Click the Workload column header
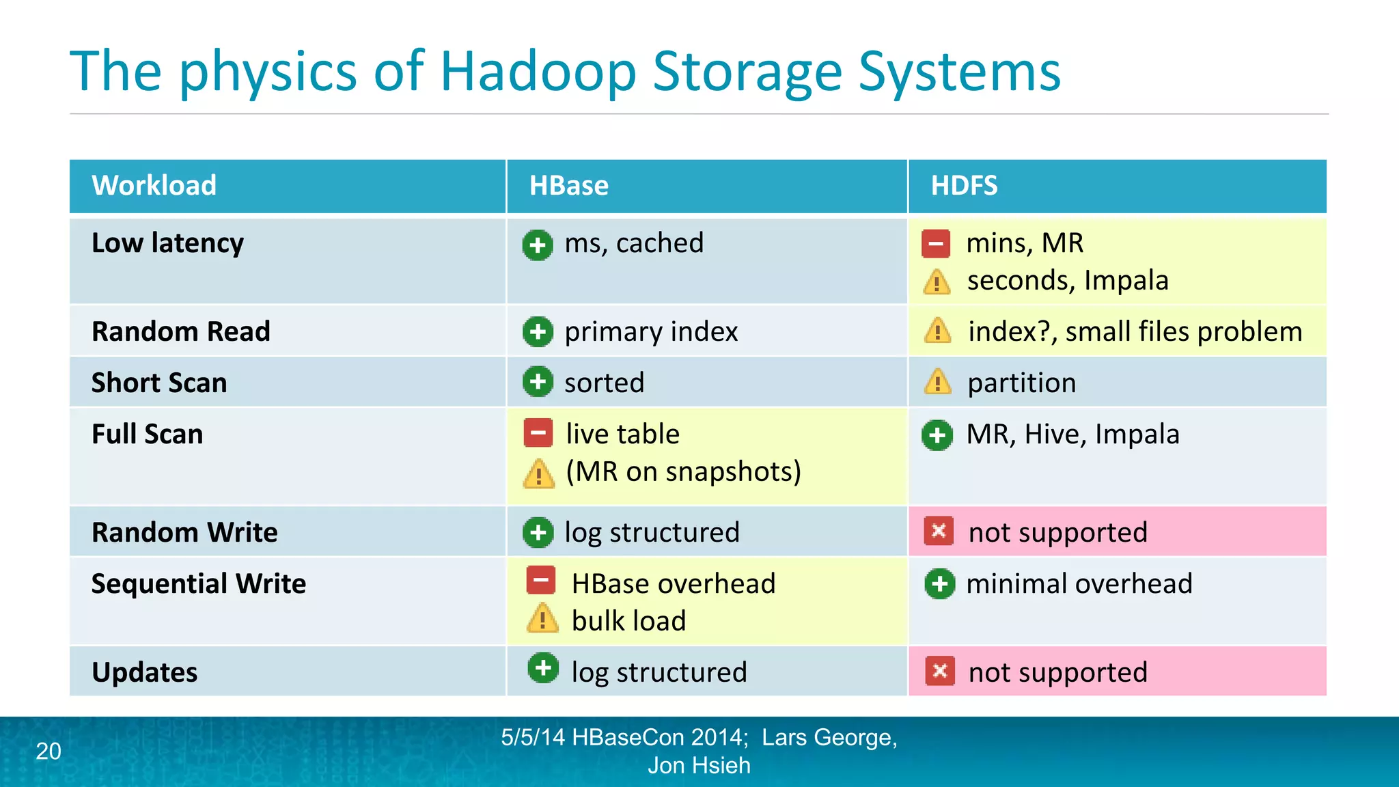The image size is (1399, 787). click(x=154, y=186)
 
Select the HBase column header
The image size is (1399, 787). click(x=568, y=186)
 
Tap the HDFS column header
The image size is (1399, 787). click(x=964, y=186)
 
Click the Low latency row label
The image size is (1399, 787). click(x=167, y=243)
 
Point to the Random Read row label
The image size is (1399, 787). click(x=181, y=331)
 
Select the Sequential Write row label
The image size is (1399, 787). click(x=199, y=583)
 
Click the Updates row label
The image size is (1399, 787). click(x=145, y=672)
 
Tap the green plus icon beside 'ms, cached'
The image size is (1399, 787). click(x=538, y=245)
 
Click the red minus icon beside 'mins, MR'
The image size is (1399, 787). click(x=936, y=244)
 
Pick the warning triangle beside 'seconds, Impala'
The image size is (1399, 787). click(x=937, y=281)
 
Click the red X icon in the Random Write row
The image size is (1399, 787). click(x=939, y=531)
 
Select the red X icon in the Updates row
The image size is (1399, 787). click(x=940, y=672)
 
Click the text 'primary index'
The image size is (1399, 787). click(x=651, y=332)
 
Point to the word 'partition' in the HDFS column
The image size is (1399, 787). click(x=1022, y=383)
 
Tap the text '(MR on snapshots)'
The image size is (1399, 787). click(x=684, y=472)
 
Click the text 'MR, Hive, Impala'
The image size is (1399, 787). click(x=1072, y=434)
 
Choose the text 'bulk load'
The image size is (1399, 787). click(x=628, y=621)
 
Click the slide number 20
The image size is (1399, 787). click(x=49, y=751)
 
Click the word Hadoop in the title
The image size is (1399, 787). click(x=538, y=72)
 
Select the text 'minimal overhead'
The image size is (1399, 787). click(x=1079, y=584)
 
